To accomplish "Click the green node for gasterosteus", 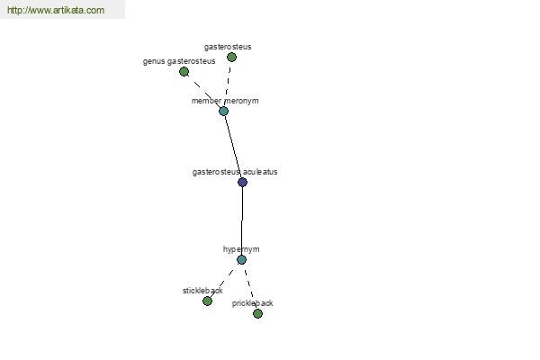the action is tap(232, 58).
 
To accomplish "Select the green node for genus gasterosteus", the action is tap(184, 72).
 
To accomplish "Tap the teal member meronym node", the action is tap(223, 112).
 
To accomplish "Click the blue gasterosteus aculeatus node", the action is tap(242, 182).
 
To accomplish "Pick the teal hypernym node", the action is tap(242, 260).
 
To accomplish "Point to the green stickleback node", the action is tap(207, 301).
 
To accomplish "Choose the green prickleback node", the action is tap(257, 313).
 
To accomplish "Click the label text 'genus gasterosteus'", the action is tap(179, 61).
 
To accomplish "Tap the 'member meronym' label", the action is tap(225, 101).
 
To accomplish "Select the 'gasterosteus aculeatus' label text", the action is tap(235, 172).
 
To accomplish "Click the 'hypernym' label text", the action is tap(241, 249).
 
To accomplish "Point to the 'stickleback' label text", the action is tap(202, 291).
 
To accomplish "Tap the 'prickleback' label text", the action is tap(252, 303).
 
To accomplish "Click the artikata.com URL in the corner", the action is tap(56, 10).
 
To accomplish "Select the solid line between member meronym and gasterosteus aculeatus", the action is tap(233, 147).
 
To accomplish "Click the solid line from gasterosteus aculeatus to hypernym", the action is tap(242, 220).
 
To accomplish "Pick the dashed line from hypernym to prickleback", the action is tap(249, 286).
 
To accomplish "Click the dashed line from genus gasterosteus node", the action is tap(204, 92).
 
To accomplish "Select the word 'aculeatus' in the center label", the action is tap(260, 172).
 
